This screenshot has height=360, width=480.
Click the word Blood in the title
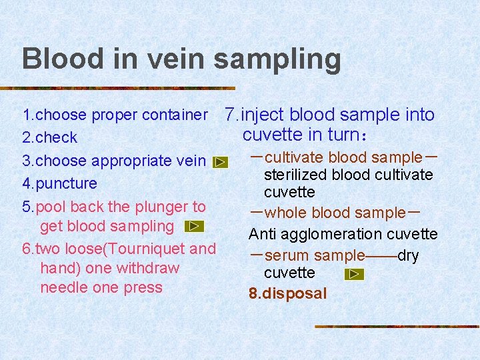55,59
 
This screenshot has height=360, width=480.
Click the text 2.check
50,138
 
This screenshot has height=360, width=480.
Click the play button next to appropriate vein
220,162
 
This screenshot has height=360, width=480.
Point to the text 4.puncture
60,183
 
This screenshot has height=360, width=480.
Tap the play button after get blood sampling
193,227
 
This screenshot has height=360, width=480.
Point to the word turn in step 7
344,135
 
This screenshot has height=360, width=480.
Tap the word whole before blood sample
286,213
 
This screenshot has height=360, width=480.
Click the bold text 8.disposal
288,293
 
